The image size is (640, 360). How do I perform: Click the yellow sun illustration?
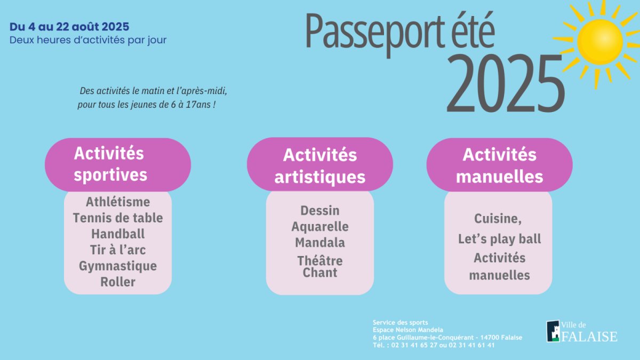[600, 42]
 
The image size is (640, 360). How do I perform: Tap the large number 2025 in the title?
[505, 83]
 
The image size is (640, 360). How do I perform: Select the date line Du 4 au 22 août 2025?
[69, 27]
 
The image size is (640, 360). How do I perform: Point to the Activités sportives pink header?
[118, 165]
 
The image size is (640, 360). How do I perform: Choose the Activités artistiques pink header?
[319, 164]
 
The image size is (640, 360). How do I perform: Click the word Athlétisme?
[118, 202]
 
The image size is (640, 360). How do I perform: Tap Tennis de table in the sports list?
[118, 218]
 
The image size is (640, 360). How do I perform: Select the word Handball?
[118, 234]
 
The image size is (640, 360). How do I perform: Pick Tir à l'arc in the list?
[118, 250]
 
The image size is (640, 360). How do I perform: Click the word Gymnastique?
[118, 266]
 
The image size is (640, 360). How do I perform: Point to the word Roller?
[118, 282]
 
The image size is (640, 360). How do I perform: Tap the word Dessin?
[320, 211]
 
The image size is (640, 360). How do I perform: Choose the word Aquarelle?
[320, 227]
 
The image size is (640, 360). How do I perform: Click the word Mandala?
[320, 243]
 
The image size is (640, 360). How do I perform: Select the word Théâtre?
[320, 260]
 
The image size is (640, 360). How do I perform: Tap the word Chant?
[320, 273]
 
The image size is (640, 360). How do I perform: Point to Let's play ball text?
[499, 239]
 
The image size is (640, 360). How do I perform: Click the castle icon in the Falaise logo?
[553, 331]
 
